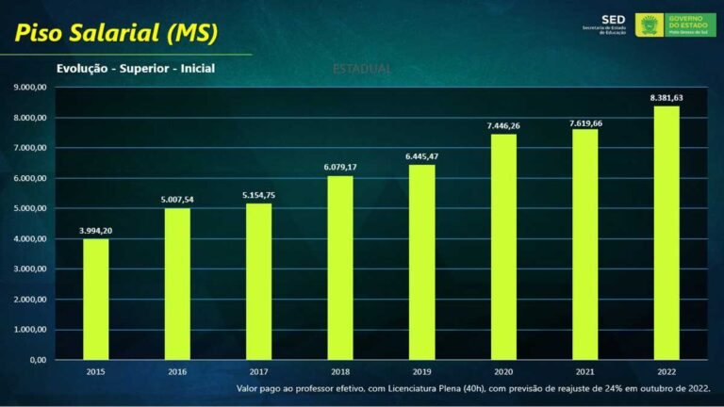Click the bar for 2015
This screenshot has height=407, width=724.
point(95,299)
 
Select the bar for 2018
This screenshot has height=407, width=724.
point(339,268)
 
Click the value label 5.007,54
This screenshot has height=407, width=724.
point(176,199)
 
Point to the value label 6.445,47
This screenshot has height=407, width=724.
point(421,155)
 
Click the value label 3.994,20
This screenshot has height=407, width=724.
point(95,230)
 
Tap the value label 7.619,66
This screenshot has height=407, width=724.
point(584,122)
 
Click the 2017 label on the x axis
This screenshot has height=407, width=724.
point(258,373)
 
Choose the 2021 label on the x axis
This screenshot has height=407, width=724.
point(584,373)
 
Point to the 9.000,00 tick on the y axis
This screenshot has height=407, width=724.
point(30,88)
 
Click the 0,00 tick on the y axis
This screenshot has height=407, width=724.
point(38,360)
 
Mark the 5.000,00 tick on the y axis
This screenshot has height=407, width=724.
point(30,208)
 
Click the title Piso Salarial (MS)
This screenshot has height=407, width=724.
point(115,33)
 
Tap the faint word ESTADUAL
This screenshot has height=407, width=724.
point(362,69)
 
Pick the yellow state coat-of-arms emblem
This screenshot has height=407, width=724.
point(649,24)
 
